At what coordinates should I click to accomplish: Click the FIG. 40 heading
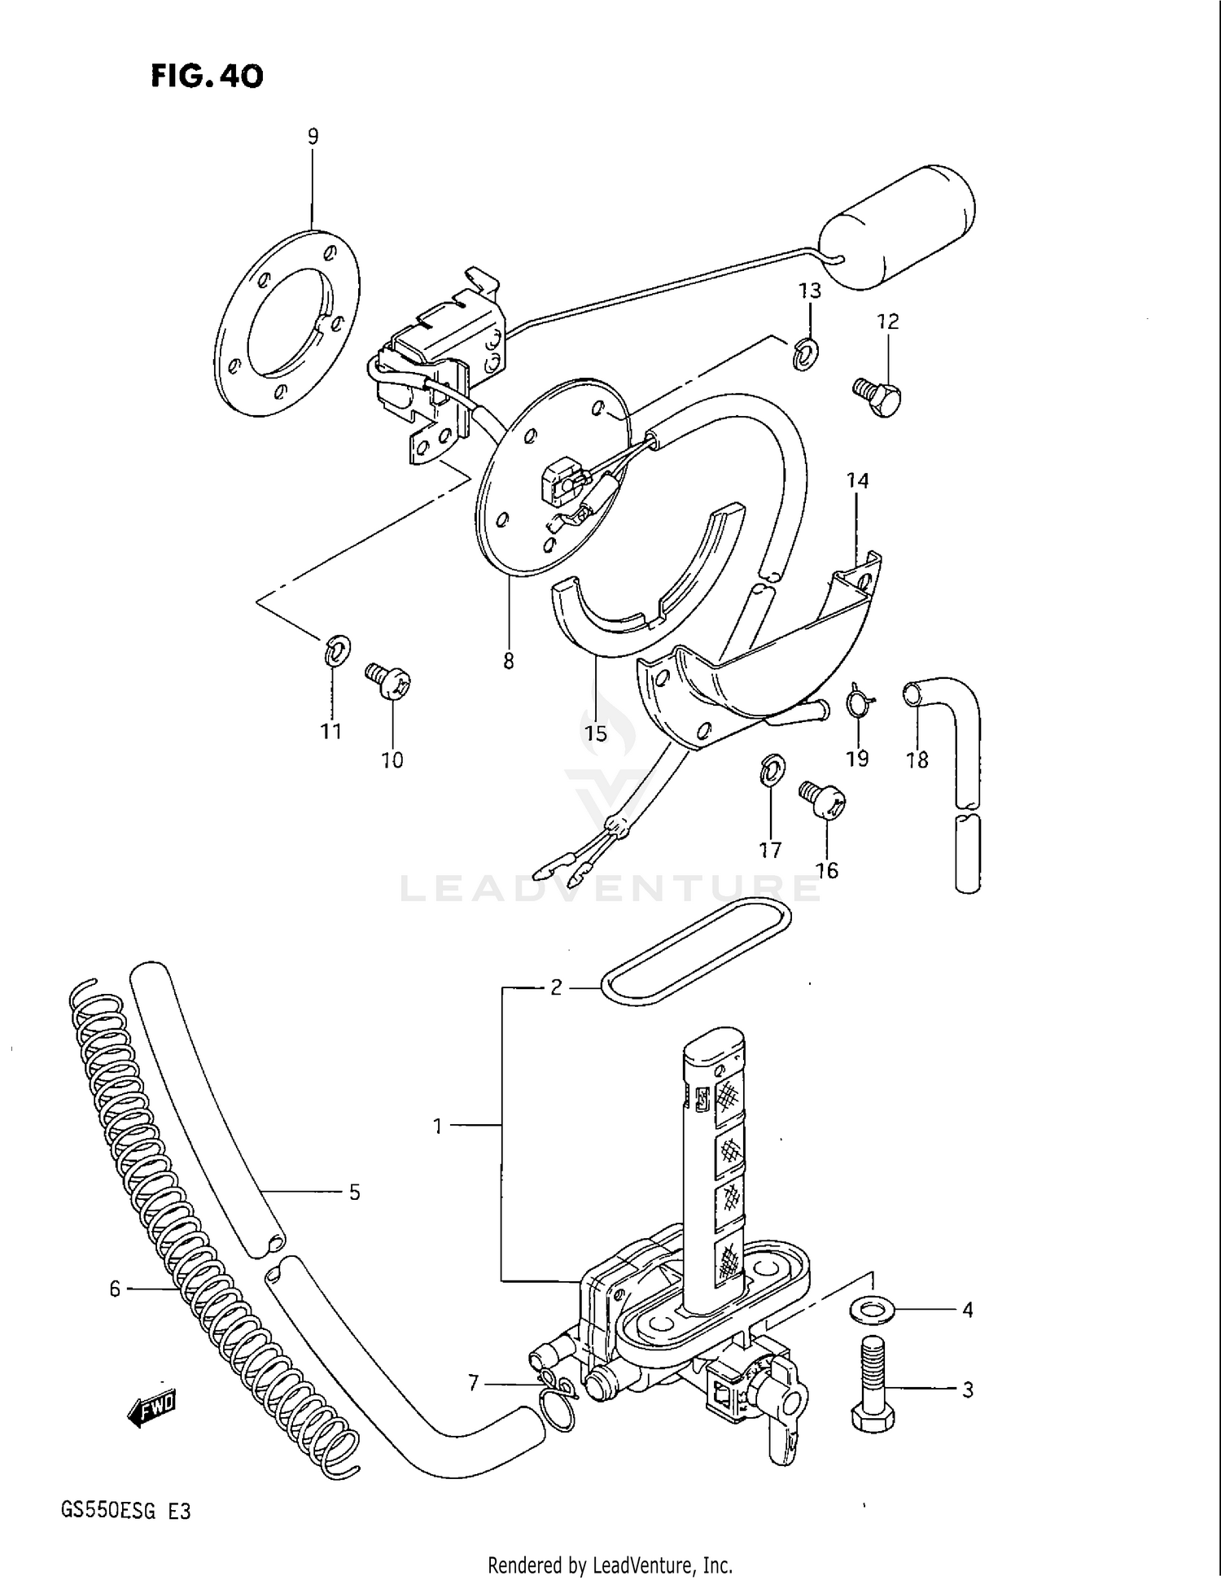[x=207, y=77]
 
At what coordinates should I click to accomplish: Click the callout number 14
[x=857, y=480]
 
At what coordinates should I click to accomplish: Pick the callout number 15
[x=596, y=733]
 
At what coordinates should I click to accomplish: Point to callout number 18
[x=917, y=759]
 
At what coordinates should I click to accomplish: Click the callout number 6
[x=115, y=1289]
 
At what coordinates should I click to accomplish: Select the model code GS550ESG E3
[x=126, y=1512]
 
